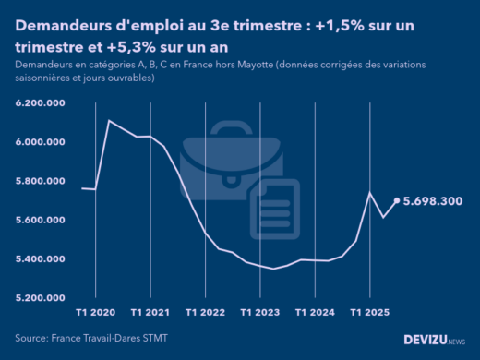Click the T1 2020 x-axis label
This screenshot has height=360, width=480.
click(x=96, y=313)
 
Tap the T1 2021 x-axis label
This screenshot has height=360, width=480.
click(x=150, y=313)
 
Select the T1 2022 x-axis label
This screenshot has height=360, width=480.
click(x=206, y=313)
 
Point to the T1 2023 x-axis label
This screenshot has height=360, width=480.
click(x=260, y=313)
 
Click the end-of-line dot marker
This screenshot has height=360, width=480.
click(x=397, y=200)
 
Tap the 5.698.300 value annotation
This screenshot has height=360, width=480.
click(x=432, y=200)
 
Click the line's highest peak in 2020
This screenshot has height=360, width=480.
click(x=110, y=120)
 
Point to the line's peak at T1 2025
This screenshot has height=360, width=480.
click(x=370, y=192)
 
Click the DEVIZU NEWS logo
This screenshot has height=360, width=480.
click(x=435, y=341)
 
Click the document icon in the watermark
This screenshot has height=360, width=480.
click(x=274, y=204)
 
